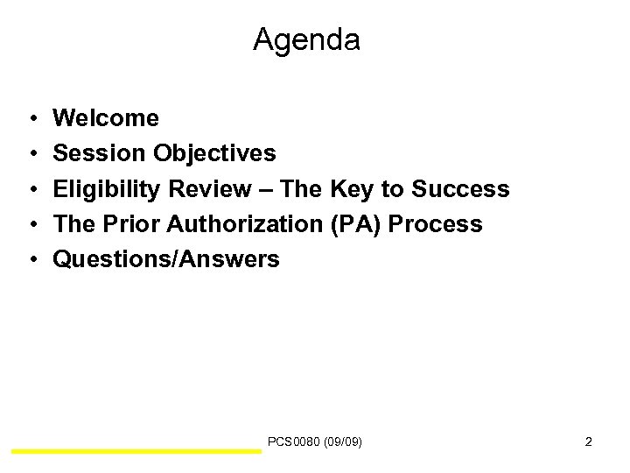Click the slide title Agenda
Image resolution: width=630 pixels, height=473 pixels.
click(x=306, y=40)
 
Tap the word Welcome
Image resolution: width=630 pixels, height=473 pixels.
click(x=106, y=117)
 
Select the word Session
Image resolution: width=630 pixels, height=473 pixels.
click(x=99, y=153)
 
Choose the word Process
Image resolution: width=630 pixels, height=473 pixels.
click(x=435, y=224)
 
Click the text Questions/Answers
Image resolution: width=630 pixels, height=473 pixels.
click(x=166, y=260)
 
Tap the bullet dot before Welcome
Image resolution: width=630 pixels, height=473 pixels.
click(x=31, y=118)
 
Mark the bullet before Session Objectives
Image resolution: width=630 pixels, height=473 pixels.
click(x=31, y=154)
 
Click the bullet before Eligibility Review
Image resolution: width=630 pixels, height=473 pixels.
click(x=31, y=190)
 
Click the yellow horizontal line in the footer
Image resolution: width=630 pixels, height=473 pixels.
click(x=136, y=451)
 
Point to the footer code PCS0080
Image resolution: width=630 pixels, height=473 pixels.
click(x=296, y=442)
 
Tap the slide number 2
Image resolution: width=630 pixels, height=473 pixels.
click(x=588, y=442)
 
